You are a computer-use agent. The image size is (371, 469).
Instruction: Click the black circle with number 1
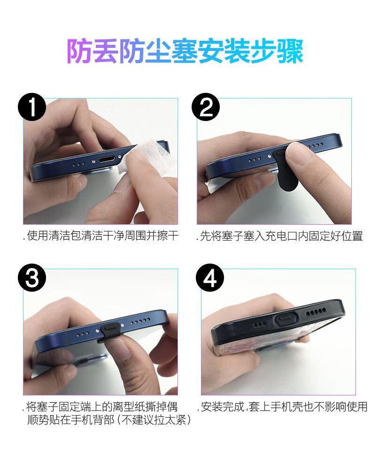coord(32,107)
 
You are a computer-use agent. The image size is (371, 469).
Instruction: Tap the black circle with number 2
coord(205,107)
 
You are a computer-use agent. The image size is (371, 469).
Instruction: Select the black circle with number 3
coord(32,278)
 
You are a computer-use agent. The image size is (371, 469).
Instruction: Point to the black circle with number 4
coord(210,278)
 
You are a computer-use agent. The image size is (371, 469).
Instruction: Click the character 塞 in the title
coord(185,52)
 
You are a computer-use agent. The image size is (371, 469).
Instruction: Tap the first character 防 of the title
coord(79,52)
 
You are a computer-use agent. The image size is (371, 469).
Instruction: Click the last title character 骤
coord(291,52)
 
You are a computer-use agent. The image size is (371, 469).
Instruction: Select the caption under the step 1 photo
coord(100,236)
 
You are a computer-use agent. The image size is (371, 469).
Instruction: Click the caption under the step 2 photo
coord(280,236)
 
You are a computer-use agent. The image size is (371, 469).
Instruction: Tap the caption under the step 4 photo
coord(282,407)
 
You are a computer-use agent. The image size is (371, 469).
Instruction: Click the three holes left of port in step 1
coord(79,164)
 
